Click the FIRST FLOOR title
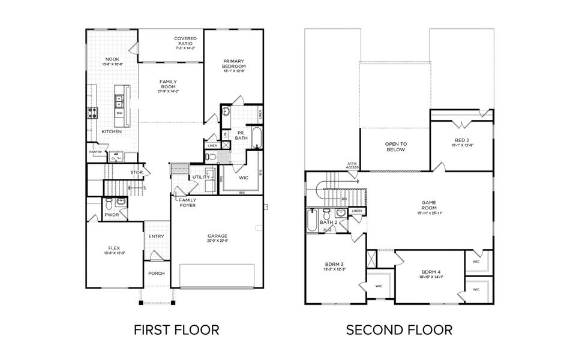(176, 329)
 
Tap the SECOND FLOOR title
(399, 329)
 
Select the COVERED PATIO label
(185, 42)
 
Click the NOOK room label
(112, 59)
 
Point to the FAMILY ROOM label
(168, 84)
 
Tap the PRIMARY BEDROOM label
(234, 64)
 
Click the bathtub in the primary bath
(257, 138)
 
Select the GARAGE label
(217, 236)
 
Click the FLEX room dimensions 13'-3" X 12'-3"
(113, 253)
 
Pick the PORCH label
(156, 273)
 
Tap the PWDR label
(112, 214)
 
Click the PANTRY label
(96, 152)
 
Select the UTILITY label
(200, 177)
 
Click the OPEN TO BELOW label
(395, 147)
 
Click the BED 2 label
(461, 140)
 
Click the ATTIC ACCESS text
(352, 165)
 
